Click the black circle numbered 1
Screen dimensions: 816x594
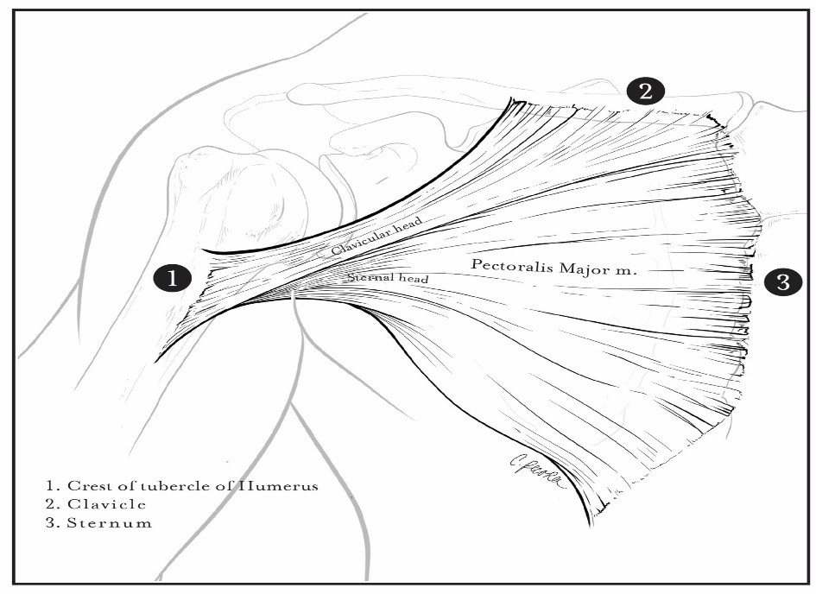(172, 277)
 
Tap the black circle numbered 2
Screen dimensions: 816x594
(645, 92)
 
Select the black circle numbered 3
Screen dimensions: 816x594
(783, 282)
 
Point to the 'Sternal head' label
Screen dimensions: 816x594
(389, 277)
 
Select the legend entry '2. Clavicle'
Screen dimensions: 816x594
(96, 504)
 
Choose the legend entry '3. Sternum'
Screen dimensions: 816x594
(99, 522)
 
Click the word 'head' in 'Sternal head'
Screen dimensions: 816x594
(414, 279)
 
